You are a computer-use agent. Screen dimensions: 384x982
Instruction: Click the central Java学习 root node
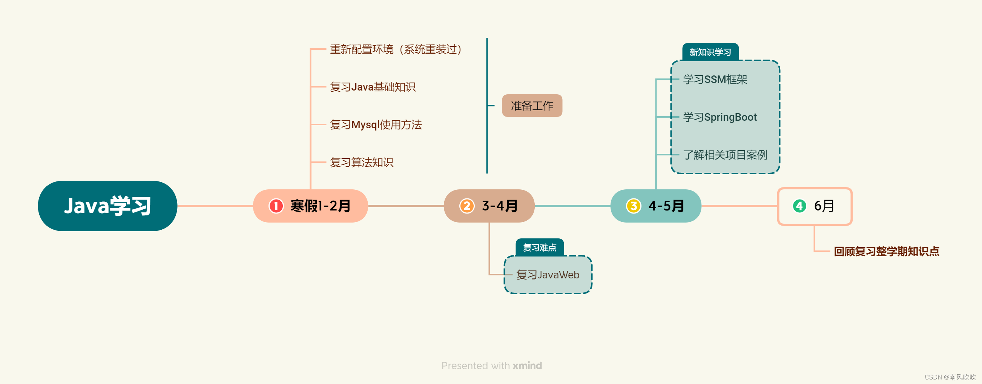point(107,206)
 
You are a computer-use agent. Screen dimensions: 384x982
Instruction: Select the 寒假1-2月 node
point(310,206)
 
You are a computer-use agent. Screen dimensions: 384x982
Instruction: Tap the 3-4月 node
point(489,206)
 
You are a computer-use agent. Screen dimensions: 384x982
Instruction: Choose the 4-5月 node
point(656,206)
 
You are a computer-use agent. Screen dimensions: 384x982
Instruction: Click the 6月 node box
point(815,206)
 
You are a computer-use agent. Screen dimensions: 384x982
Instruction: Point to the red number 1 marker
point(276,206)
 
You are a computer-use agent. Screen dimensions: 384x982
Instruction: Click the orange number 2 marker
point(466,206)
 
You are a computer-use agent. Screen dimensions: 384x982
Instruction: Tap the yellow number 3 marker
point(633,206)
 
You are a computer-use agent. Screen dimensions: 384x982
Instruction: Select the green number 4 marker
point(799,206)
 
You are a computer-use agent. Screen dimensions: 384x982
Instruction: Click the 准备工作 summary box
point(532,106)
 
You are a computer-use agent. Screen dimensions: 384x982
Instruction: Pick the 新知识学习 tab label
point(710,52)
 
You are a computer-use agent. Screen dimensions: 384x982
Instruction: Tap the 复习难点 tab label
point(539,247)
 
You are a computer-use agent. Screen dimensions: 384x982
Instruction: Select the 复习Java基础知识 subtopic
point(373,87)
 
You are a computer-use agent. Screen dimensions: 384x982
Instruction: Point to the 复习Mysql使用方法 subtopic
point(376,125)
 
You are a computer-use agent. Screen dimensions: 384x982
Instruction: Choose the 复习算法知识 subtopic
point(361,163)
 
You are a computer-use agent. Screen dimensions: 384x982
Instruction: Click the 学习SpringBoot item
point(720,117)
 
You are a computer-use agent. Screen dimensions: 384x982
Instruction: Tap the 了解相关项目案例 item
point(725,155)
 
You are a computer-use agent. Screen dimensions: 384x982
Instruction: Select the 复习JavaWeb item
point(548,275)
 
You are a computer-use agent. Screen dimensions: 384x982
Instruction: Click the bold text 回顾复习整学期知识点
point(886,251)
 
